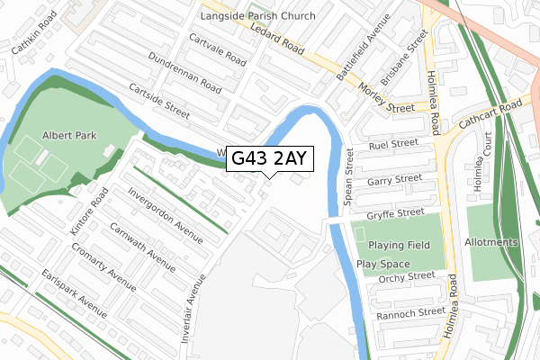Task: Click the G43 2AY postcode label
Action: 269,159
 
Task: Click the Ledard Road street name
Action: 293,40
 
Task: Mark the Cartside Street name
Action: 159,101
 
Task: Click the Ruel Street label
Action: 393,144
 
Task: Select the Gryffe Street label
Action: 396,212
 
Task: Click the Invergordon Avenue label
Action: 166,215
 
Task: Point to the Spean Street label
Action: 349,175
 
